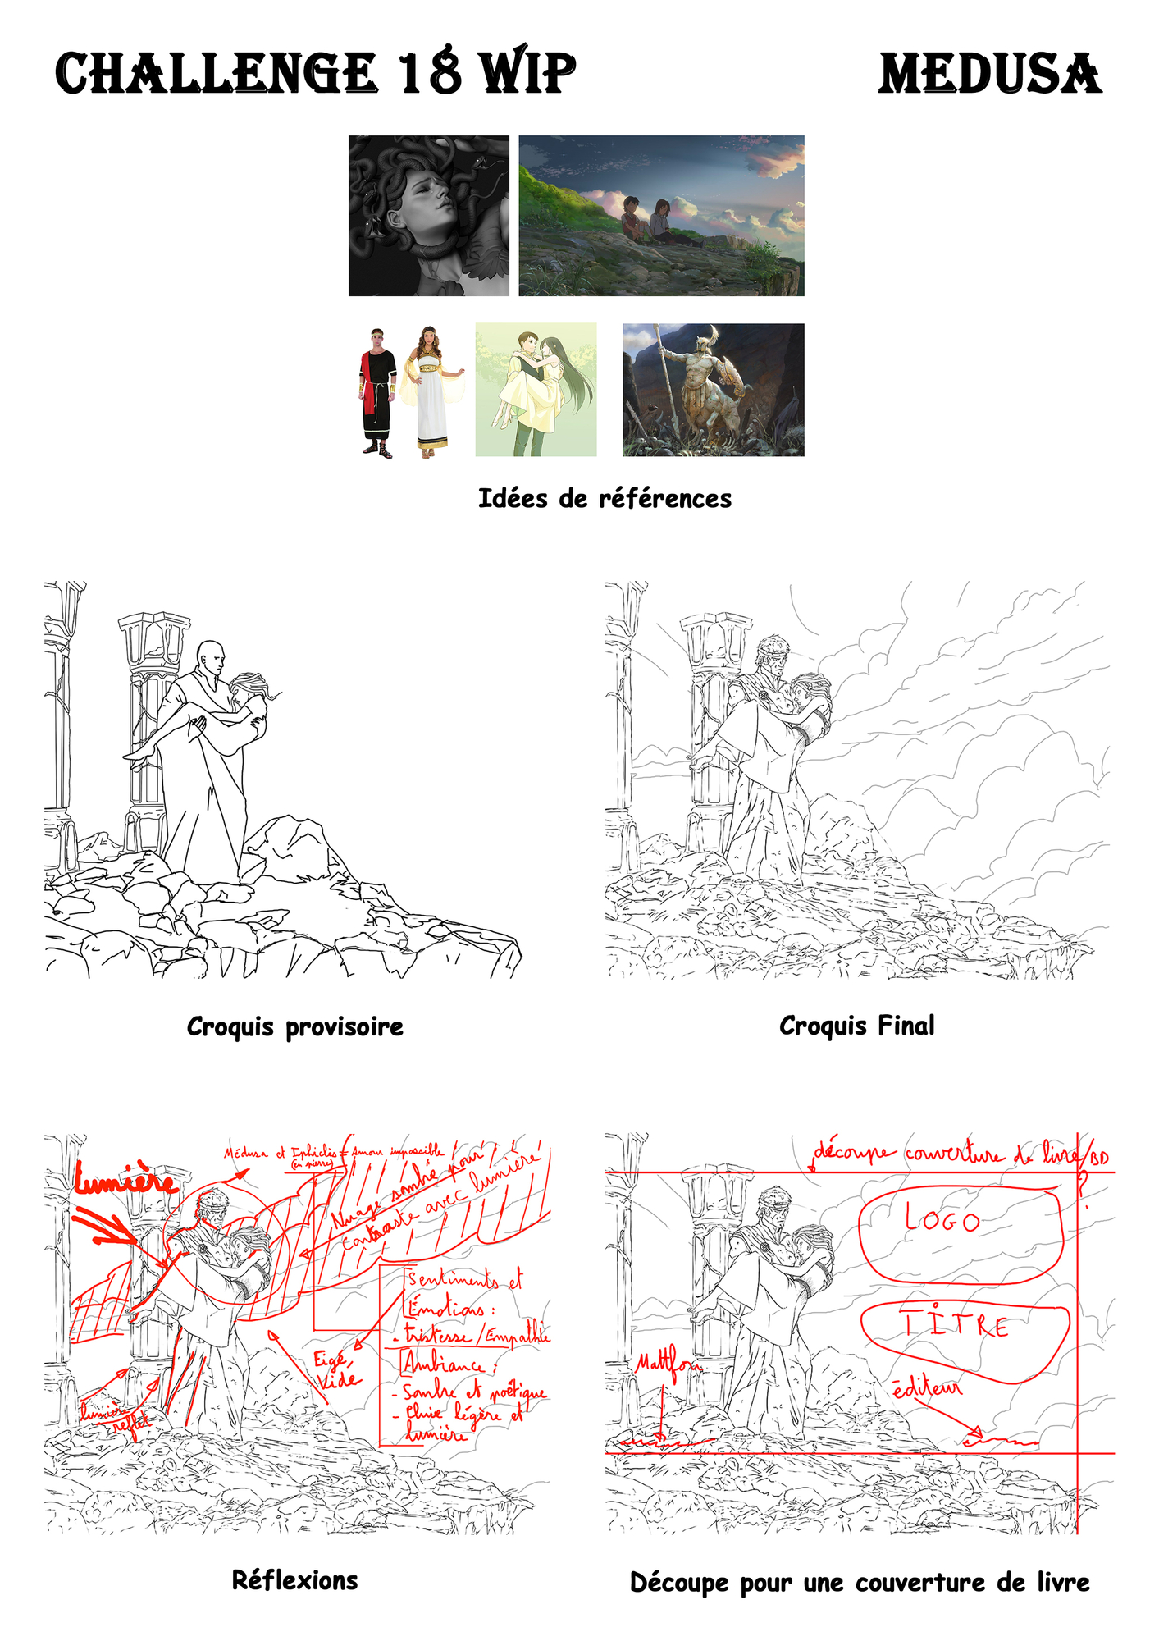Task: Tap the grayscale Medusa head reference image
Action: (x=428, y=216)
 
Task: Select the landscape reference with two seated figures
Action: (x=661, y=216)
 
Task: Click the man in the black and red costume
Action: (x=378, y=391)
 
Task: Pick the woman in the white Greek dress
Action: (x=431, y=391)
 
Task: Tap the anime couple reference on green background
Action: (x=536, y=390)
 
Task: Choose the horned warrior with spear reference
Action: (x=713, y=390)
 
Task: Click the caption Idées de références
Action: (x=605, y=498)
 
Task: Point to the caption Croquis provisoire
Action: (x=294, y=1026)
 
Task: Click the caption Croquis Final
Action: (x=856, y=1026)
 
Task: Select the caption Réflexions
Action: (x=294, y=1580)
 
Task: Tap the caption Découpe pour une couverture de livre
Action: (x=859, y=1582)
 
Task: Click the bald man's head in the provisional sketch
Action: (x=211, y=657)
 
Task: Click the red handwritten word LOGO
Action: (x=943, y=1219)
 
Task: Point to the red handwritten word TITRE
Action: (x=956, y=1324)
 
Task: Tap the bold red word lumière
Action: (x=125, y=1179)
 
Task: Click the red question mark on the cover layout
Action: (x=1084, y=1187)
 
